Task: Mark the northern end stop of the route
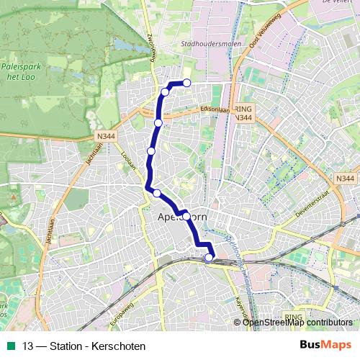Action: pyautogui.click(x=187, y=82)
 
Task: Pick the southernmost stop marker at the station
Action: pyautogui.click(x=209, y=258)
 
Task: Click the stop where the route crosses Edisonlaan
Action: pyautogui.click(x=158, y=123)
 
